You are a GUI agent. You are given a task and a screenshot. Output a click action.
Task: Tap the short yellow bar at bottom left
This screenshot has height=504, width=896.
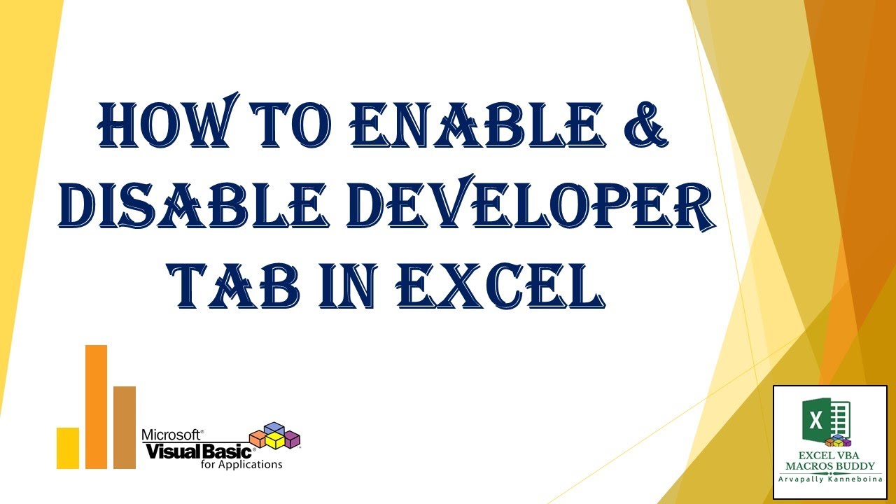pyautogui.click(x=68, y=447)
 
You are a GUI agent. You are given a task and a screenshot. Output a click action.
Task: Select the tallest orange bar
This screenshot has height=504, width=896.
pyautogui.click(x=96, y=407)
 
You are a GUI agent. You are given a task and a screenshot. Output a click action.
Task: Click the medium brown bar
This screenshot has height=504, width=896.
pyautogui.click(x=125, y=427)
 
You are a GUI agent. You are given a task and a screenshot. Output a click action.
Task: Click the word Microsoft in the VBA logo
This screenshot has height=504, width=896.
pyautogui.click(x=171, y=435)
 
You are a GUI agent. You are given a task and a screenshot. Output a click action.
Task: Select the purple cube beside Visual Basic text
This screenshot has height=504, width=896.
pyautogui.click(x=293, y=439)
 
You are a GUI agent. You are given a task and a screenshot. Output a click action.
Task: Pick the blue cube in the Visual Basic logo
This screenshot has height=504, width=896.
pyautogui.click(x=274, y=428)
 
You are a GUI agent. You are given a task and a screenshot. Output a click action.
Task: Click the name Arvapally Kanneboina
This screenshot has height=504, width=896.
pyautogui.click(x=829, y=478)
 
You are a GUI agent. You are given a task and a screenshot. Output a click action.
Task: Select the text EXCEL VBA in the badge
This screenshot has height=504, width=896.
pyautogui.click(x=829, y=454)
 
